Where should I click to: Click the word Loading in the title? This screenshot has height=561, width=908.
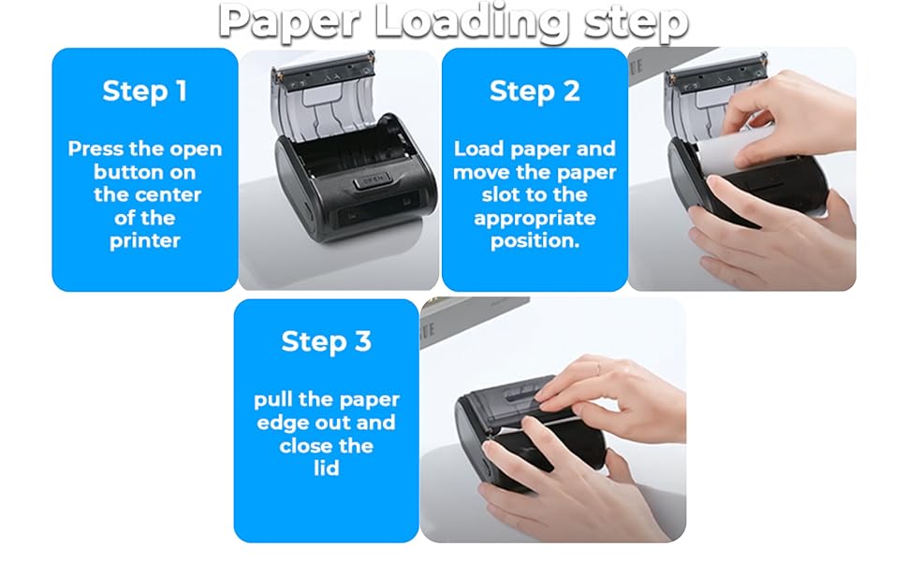pos(472,23)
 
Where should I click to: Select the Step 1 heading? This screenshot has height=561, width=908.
pos(145,91)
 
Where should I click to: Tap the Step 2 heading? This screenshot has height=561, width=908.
pos(535,91)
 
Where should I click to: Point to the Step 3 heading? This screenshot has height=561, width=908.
pos(326,341)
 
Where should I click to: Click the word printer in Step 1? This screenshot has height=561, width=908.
pos(145,240)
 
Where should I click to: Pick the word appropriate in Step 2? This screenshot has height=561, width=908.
pos(535,219)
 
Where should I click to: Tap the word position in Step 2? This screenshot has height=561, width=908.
pos(535,240)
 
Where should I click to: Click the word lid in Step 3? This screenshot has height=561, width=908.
pos(326,467)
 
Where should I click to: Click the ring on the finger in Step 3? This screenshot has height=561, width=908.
pos(597,367)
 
